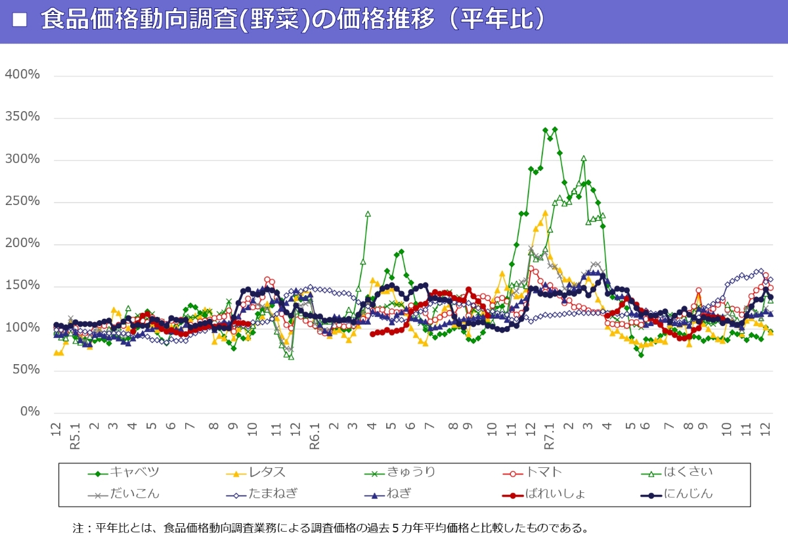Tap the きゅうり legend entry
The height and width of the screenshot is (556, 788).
tap(411, 472)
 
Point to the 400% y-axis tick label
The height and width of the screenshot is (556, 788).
tap(22, 75)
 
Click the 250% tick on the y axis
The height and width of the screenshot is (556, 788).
tap(22, 201)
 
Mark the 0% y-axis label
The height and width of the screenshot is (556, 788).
tap(30, 411)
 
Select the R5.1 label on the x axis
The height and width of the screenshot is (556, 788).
tap(75, 435)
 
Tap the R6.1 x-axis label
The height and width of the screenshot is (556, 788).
tap(315, 435)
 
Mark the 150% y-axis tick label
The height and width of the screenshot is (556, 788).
tap(22, 285)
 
